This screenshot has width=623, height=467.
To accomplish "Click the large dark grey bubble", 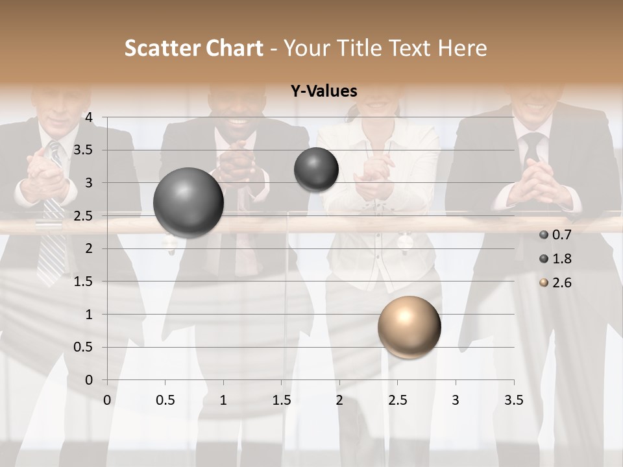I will tap(188, 202).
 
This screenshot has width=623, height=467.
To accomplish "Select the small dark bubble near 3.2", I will tap(316, 169).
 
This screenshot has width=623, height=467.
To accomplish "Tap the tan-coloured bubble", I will tap(409, 327).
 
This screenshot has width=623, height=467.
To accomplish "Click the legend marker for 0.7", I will tap(544, 235).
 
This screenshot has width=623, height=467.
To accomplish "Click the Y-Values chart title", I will tap(324, 91).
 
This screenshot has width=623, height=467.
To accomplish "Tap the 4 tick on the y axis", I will tap(89, 117).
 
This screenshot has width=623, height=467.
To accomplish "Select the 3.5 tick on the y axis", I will tap(84, 150).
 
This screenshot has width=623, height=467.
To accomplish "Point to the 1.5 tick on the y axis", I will tap(84, 281).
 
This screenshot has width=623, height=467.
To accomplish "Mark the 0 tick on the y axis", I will tap(89, 380).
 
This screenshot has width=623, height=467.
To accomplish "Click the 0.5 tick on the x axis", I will tap(165, 400).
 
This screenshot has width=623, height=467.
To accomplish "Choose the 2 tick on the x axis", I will tap(339, 400).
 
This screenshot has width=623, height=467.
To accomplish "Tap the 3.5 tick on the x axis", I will tap(513, 400).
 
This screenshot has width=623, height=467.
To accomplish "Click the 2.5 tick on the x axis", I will tap(397, 400).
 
